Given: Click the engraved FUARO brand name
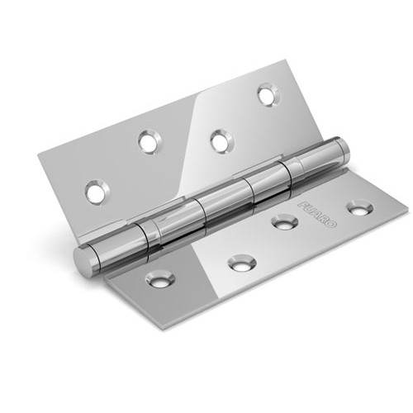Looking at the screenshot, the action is click(317, 215).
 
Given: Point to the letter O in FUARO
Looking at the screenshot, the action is click(332, 225).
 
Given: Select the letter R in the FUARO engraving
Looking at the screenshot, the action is click(325, 220).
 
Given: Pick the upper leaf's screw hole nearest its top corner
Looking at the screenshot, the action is click(268, 95).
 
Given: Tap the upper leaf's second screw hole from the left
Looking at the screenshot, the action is click(150, 142).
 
